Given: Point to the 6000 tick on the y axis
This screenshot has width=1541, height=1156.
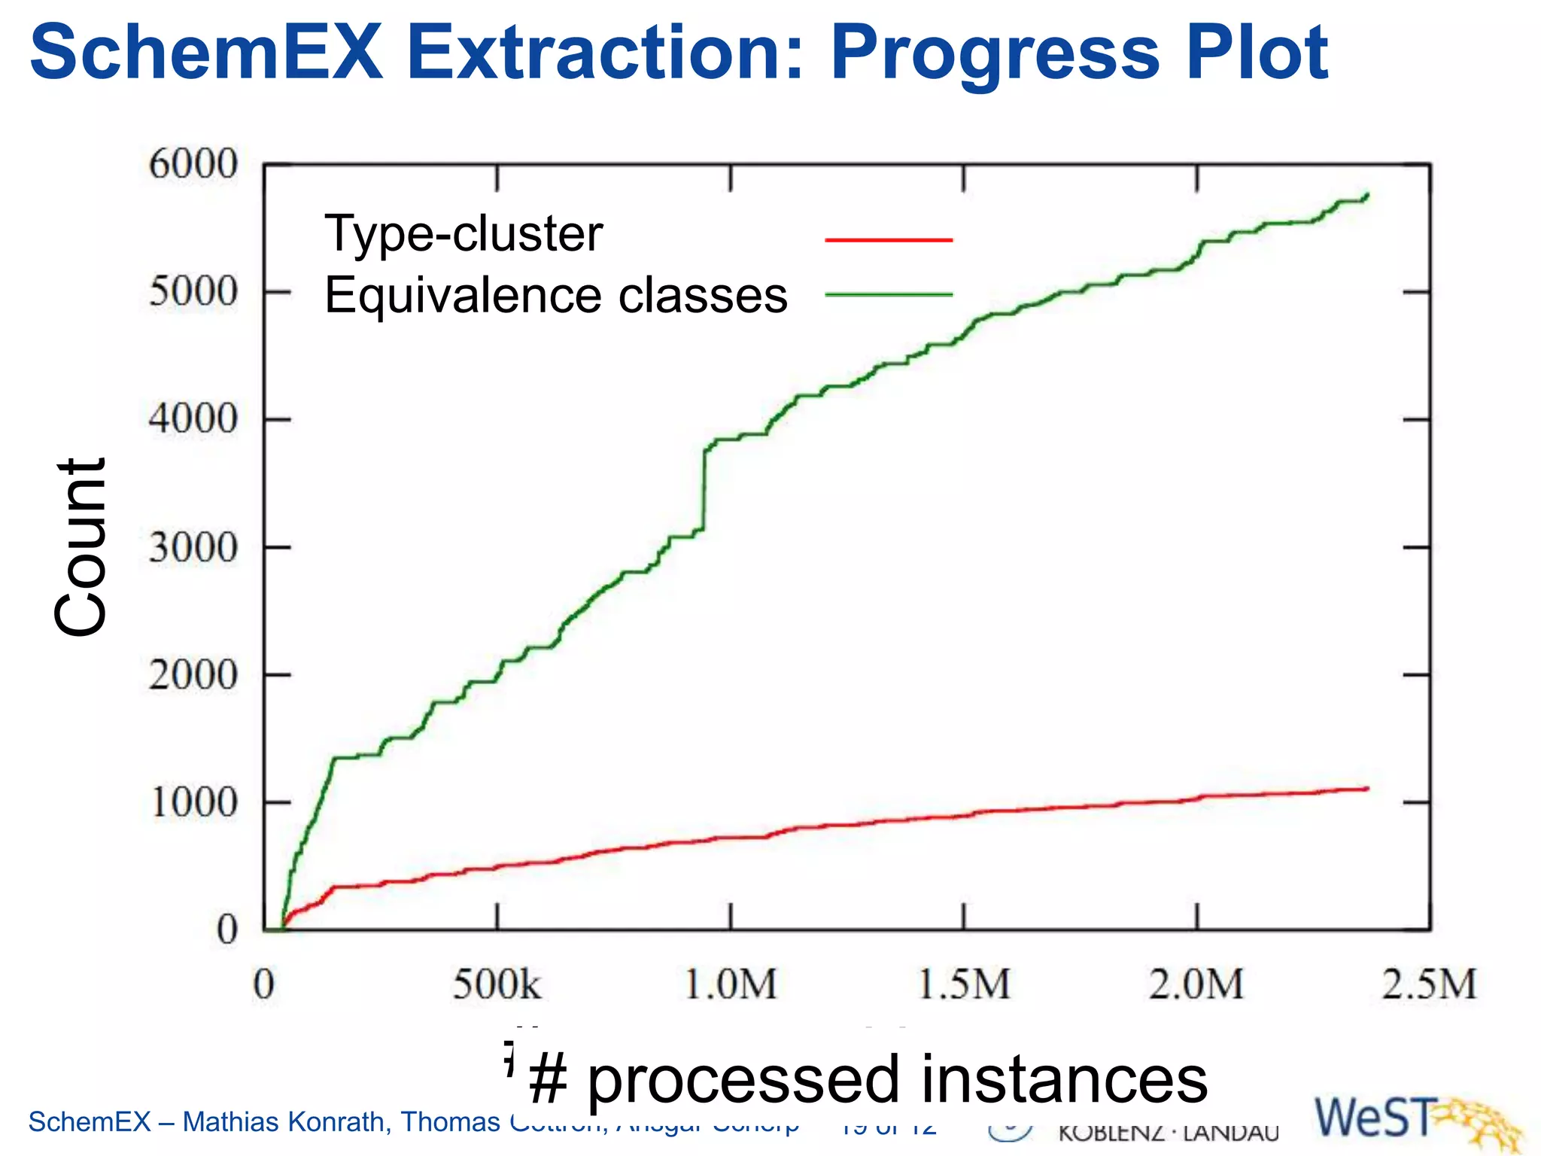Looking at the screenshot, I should click(193, 164).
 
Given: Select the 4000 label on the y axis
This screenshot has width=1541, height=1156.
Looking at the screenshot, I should click(193, 419).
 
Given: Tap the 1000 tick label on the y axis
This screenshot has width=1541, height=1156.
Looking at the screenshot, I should click(193, 803).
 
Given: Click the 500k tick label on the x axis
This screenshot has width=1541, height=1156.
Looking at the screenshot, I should click(497, 984).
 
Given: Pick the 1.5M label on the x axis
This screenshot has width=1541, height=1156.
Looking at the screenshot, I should click(964, 984).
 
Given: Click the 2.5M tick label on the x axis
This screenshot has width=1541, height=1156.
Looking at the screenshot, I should click(1429, 984).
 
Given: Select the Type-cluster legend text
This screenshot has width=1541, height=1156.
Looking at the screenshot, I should click(464, 233).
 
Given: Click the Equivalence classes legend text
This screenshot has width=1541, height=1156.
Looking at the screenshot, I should click(555, 295).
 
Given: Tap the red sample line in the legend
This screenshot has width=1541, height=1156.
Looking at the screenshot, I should click(889, 240).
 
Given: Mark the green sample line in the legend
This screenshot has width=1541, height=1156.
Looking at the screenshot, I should click(889, 295).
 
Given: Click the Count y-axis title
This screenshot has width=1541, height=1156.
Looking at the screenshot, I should click(81, 547).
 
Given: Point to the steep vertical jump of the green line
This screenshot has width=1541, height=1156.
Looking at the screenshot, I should click(704, 489).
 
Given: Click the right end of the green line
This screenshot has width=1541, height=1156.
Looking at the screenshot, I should click(1366, 196).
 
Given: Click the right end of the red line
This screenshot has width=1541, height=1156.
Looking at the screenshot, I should click(1366, 789).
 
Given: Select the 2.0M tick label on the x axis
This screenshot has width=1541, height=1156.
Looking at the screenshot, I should click(1196, 984).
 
